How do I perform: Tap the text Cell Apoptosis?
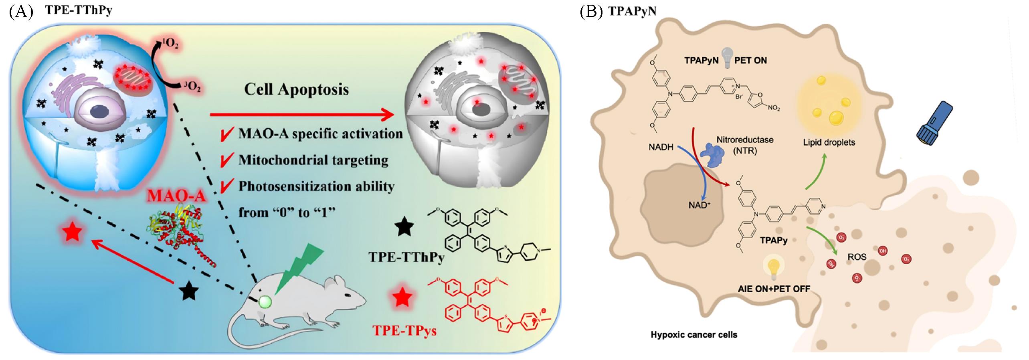pyautogui.click(x=296, y=89)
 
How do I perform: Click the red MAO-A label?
pyautogui.click(x=177, y=196)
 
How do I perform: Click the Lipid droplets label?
pyautogui.click(x=829, y=142)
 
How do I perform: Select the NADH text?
pyautogui.click(x=661, y=148)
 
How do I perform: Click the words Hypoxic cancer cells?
pyautogui.click(x=693, y=334)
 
